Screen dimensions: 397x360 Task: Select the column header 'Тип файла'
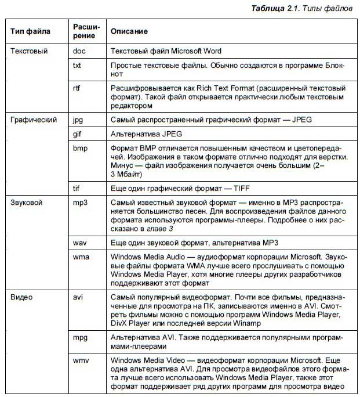(x=31, y=31)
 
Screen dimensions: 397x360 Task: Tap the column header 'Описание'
(x=129, y=31)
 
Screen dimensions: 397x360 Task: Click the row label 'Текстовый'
(x=29, y=51)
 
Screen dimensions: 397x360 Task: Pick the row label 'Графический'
(x=34, y=120)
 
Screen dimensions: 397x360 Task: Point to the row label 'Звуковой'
(x=28, y=203)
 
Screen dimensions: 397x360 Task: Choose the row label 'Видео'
(x=21, y=297)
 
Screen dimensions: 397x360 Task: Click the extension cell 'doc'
(x=79, y=51)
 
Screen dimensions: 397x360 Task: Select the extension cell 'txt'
(x=77, y=66)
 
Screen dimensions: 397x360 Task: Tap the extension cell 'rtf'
(x=77, y=88)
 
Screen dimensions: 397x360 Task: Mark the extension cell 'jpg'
(x=78, y=120)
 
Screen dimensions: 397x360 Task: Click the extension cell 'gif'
(x=78, y=134)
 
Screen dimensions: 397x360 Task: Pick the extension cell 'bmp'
(x=80, y=148)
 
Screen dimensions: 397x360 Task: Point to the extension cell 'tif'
(x=77, y=188)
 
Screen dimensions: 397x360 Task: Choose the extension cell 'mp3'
(x=80, y=203)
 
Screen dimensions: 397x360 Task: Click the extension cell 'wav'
(x=79, y=241)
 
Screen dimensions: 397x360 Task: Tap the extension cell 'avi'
(x=78, y=297)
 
